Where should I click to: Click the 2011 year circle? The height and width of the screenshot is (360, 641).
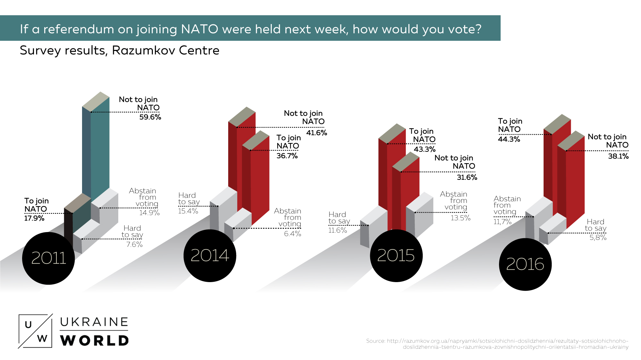pos(48,258)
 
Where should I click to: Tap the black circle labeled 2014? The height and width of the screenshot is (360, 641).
pos(210,256)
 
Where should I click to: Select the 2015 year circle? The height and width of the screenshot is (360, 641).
pos(396,256)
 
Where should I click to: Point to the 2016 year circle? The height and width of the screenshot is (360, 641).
pos(525,264)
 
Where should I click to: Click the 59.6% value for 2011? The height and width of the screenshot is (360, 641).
pos(150,117)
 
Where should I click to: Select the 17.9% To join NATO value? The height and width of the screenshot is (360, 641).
pos(34,218)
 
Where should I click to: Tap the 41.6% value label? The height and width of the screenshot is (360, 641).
pos(317,133)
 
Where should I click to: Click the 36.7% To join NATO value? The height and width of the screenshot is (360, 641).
pos(287,156)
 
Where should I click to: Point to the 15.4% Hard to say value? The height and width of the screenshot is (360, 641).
pos(188,211)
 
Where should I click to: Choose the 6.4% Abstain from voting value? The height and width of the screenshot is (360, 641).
pos(293,234)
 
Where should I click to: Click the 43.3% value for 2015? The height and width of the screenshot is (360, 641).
pos(425,149)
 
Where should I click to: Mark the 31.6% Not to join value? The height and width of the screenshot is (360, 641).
pos(467,178)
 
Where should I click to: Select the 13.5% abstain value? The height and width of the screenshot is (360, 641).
pos(461,218)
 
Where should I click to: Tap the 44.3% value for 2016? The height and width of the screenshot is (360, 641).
pos(509,139)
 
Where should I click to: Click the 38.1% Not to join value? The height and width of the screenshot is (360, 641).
pos(618,156)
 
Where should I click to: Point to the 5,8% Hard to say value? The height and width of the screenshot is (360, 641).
pos(598,238)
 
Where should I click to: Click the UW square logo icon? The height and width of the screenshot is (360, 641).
pos(35,331)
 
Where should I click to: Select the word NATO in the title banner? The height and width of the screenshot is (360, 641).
pos(199,29)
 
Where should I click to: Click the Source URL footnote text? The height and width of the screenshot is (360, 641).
pos(497,344)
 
